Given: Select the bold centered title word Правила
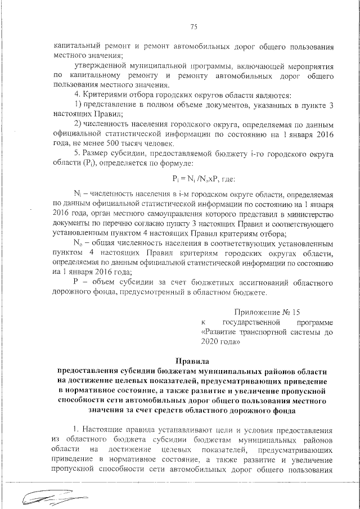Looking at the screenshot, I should click(192, 361).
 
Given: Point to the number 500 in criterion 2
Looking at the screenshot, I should click(139, 143).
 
